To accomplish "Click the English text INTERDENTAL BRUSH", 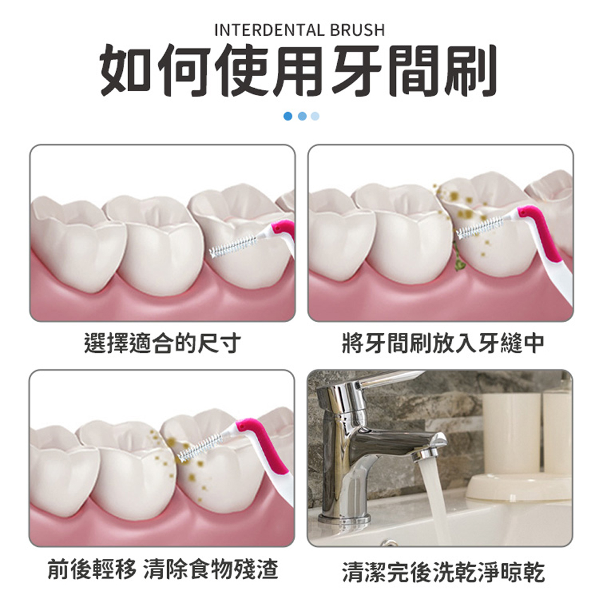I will (x=299, y=29).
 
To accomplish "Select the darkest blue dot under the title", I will (x=288, y=116).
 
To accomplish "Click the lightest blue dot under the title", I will (x=315, y=116).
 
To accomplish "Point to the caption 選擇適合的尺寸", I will (x=162, y=343).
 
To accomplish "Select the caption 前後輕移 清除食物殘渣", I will (x=162, y=569).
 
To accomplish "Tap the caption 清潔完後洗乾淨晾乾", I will (x=443, y=571).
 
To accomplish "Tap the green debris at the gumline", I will (x=461, y=264).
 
